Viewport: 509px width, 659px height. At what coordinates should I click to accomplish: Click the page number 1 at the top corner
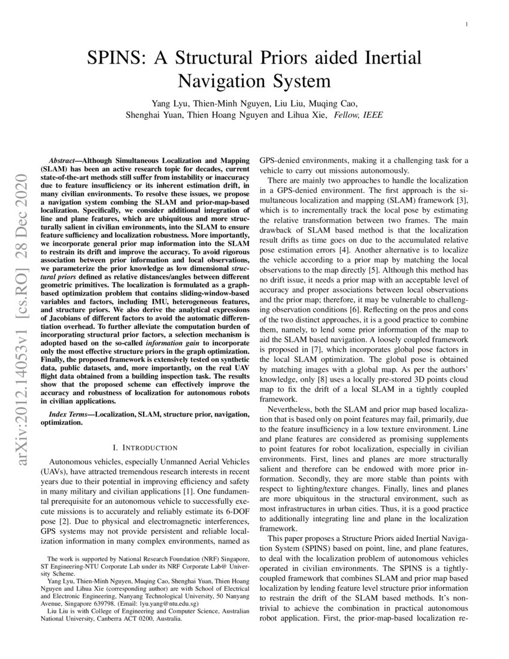tap(466, 24)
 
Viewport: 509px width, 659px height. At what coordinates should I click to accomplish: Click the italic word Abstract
tap(63, 161)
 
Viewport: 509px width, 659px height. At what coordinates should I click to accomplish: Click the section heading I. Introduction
tap(145, 447)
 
